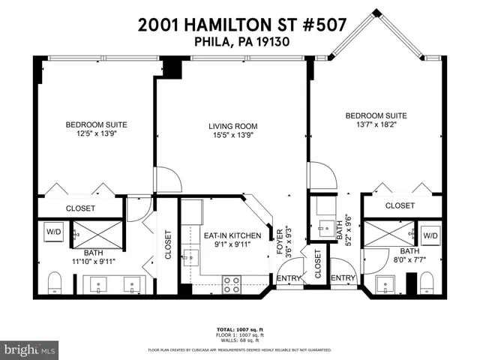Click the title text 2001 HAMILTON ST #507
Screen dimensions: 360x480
241,24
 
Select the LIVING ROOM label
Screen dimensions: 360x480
233,126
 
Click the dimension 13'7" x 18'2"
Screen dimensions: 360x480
376,126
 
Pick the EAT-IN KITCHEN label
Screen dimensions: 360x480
232,235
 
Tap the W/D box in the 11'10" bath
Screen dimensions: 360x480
55,231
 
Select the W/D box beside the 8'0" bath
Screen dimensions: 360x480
430,235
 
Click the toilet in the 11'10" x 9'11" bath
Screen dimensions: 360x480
54,283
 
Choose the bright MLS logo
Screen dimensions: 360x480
29,349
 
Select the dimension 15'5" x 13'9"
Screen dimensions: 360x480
233,136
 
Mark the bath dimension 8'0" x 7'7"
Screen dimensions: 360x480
409,262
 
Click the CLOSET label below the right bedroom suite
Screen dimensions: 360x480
400,205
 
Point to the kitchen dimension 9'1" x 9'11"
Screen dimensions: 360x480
232,244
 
